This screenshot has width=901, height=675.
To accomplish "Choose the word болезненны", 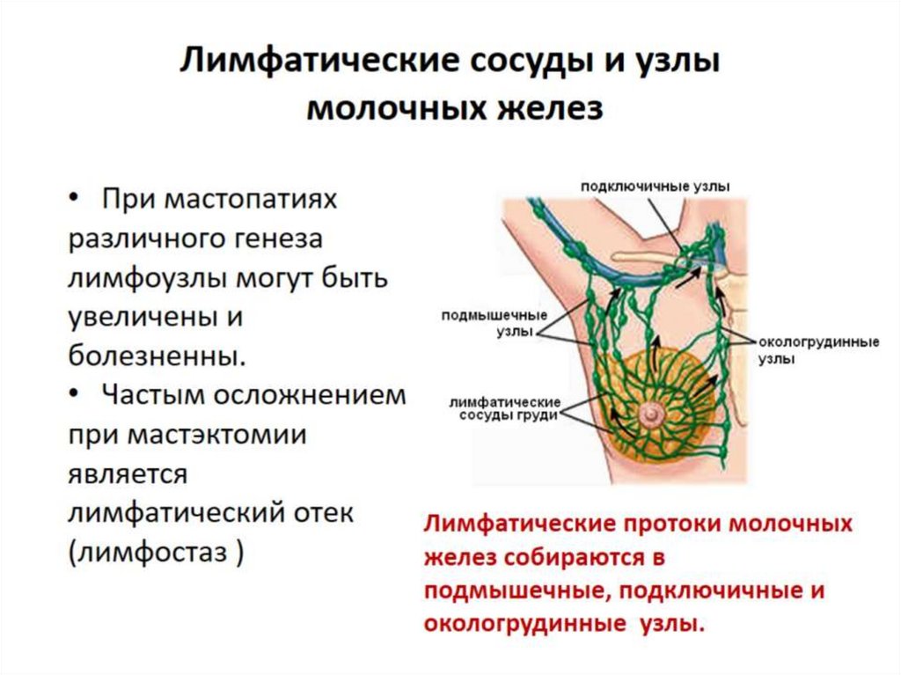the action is [x=154, y=356].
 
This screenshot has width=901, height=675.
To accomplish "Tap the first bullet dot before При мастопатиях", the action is [x=74, y=199].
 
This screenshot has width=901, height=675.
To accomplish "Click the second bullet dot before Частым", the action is [x=74, y=394].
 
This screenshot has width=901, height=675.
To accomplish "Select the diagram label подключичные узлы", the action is [x=655, y=186].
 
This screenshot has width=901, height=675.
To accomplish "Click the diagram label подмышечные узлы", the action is [x=494, y=321].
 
